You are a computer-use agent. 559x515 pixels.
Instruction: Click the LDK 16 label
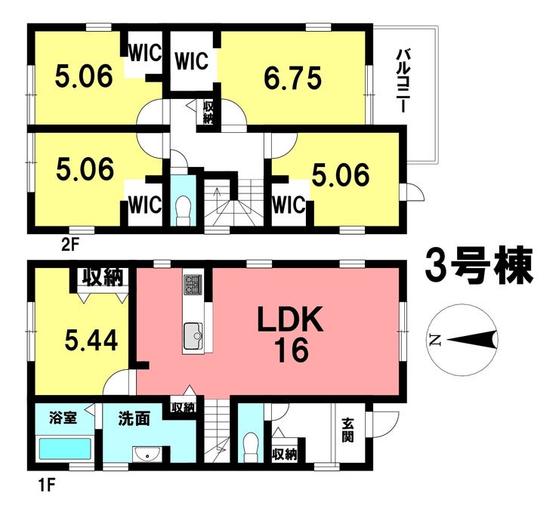[x=291, y=334]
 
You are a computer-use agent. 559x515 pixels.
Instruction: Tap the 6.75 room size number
[x=292, y=78]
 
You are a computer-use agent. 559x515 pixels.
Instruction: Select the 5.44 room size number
[x=91, y=340]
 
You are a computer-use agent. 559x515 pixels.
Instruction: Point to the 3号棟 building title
[x=479, y=265]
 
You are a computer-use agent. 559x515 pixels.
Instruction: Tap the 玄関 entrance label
[x=347, y=430]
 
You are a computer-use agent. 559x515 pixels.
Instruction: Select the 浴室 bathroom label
[x=63, y=418]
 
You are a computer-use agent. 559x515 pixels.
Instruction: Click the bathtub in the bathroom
[x=64, y=449]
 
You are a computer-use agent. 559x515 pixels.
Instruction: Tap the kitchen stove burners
[x=193, y=285]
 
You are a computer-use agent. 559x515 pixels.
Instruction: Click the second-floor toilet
[x=184, y=210]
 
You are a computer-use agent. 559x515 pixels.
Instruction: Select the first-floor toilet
[x=251, y=447]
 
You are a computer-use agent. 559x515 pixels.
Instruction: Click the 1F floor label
[x=46, y=486]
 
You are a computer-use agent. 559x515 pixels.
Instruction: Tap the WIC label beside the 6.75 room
[x=191, y=60]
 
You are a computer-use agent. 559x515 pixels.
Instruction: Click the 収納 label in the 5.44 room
[x=103, y=277]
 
